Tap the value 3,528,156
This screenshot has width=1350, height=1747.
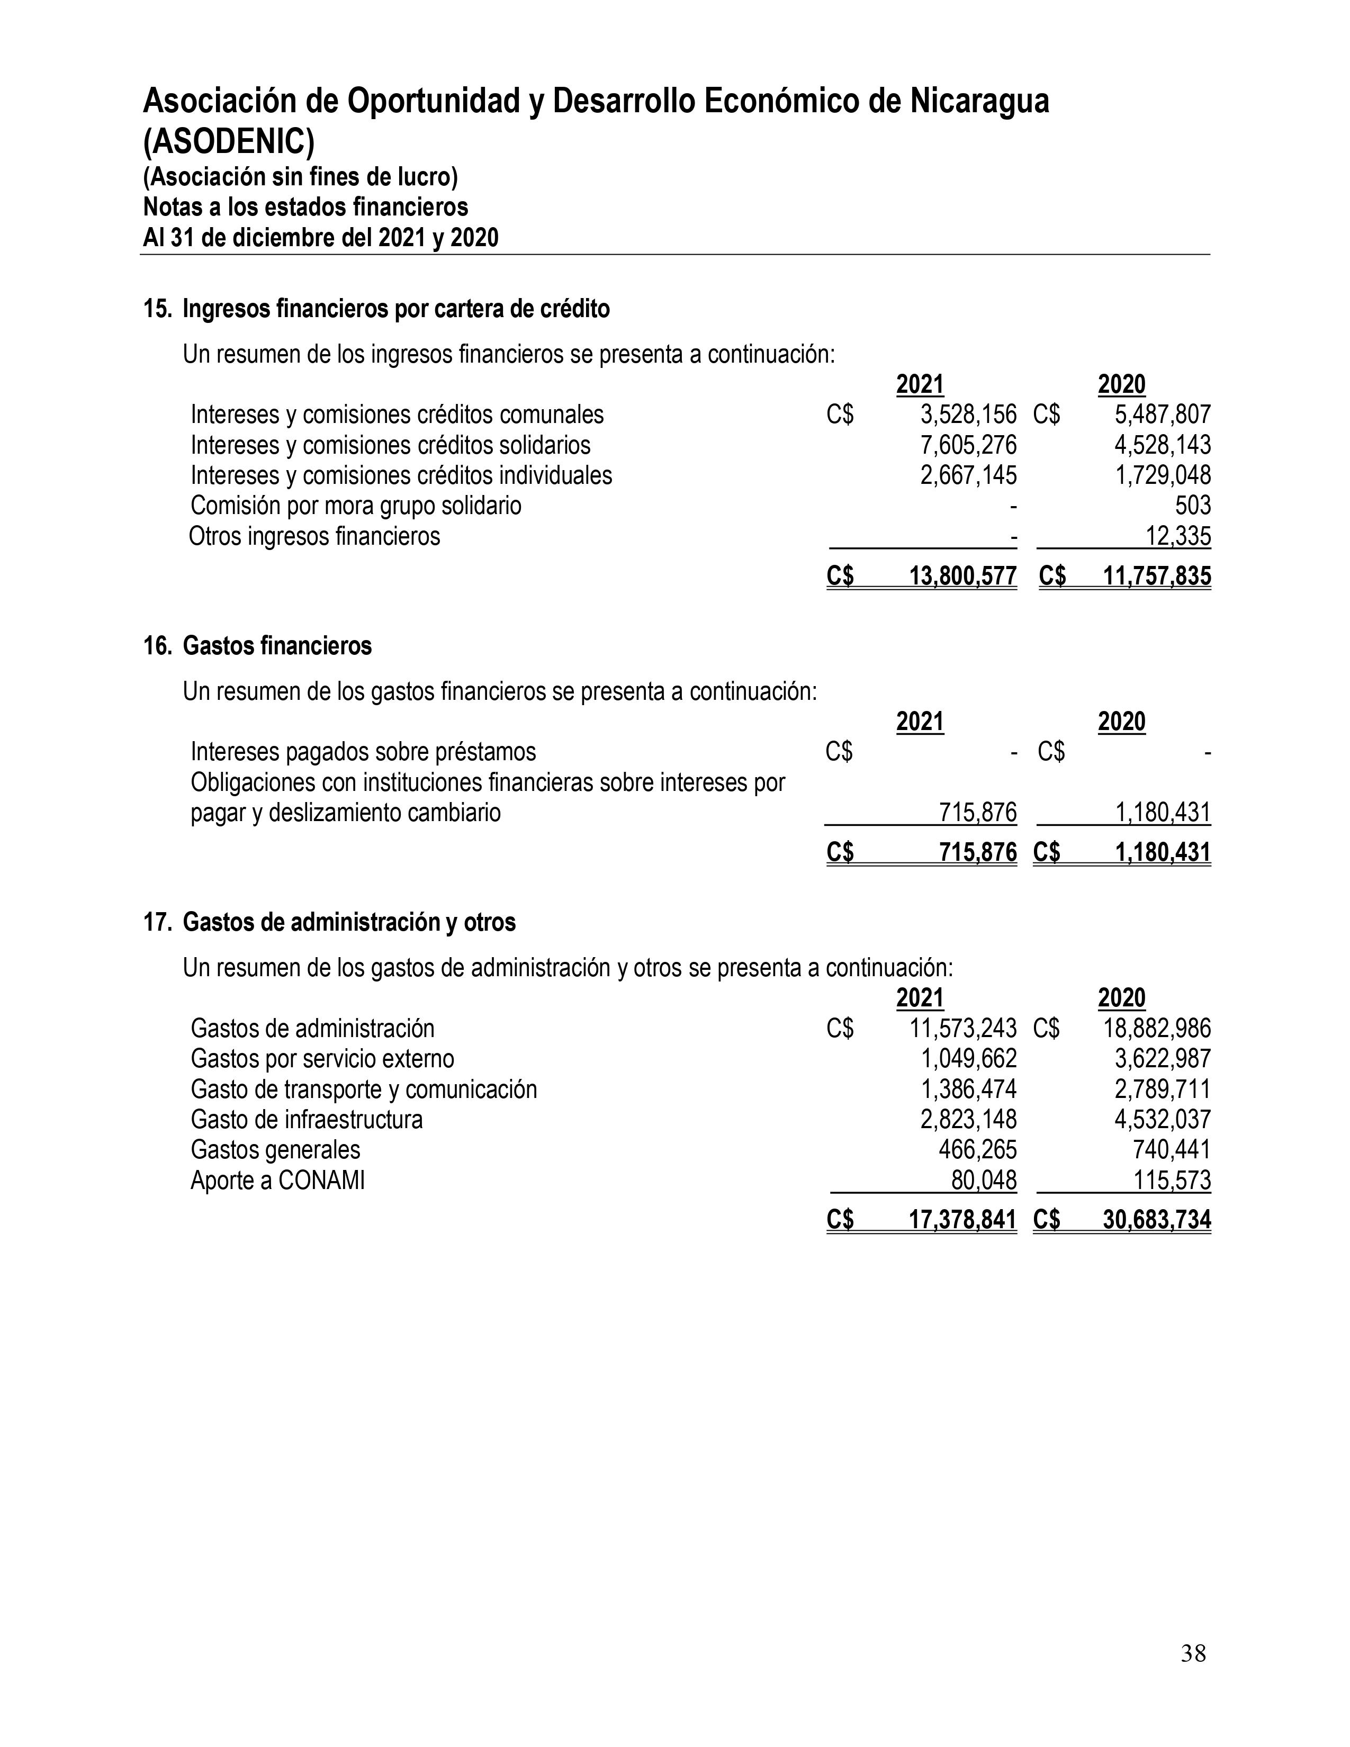(x=968, y=415)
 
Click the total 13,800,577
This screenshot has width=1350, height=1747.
(x=963, y=576)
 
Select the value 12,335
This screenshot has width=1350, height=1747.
(x=1178, y=536)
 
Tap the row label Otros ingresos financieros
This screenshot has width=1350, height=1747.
(x=314, y=536)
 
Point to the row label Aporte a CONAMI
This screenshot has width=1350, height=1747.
(x=277, y=1181)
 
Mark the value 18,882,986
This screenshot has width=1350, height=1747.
(x=1156, y=1029)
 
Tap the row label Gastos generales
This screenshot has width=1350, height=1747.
(x=275, y=1150)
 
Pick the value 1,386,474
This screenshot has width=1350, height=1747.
(x=968, y=1089)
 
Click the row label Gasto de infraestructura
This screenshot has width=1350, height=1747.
(x=307, y=1120)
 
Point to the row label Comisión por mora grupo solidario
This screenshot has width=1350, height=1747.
(x=356, y=506)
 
